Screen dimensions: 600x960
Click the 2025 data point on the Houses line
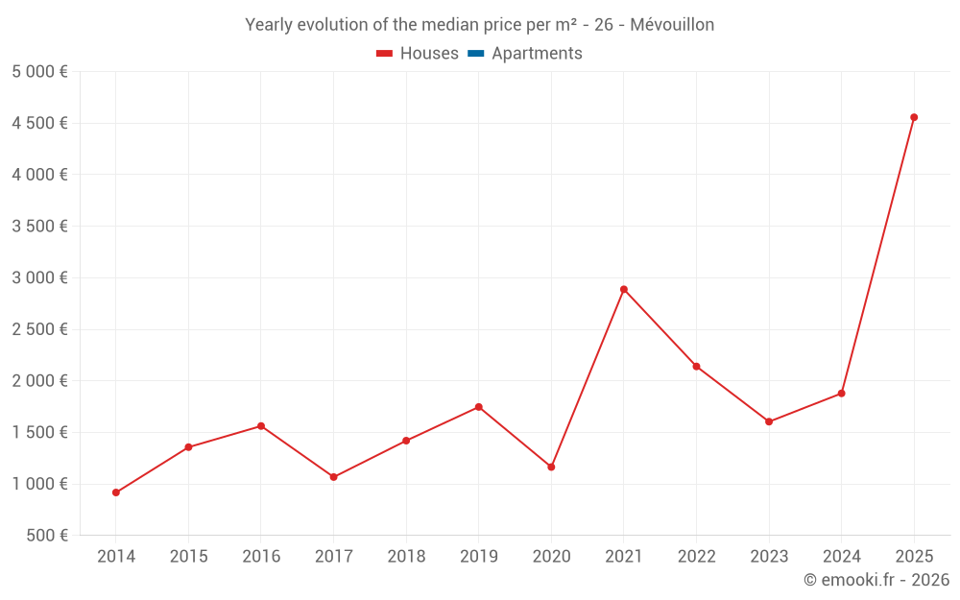914,117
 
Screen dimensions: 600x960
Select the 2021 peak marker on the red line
624,289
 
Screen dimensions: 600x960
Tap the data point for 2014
116,492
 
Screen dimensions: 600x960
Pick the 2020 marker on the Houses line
551,467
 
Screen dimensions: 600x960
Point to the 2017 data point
333,477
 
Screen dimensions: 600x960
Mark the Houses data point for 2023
769,421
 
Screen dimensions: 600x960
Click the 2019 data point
478,407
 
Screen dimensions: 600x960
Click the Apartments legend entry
537,54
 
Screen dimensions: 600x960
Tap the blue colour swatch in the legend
476,54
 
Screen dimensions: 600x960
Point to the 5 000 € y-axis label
39,72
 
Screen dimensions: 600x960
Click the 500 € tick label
46,536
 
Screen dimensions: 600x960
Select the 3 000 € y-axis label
39,277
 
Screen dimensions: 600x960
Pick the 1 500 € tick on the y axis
39,432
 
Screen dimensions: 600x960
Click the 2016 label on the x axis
261,557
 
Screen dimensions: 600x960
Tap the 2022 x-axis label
696,557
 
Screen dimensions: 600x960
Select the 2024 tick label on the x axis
841,557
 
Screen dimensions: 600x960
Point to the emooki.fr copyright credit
876,580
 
